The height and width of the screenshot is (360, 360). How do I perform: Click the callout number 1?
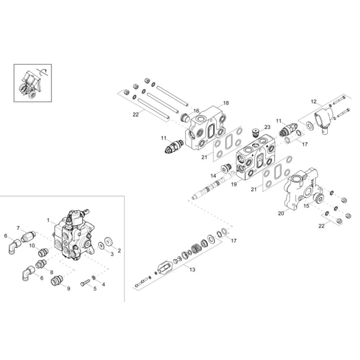(x=48, y=220)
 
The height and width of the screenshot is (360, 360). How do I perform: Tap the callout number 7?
(x=18, y=228)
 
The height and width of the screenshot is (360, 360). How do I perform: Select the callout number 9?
(x=68, y=289)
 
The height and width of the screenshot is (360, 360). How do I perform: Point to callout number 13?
(x=192, y=269)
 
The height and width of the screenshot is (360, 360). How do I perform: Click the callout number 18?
(x=226, y=103)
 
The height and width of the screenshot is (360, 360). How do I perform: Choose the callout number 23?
(x=267, y=127)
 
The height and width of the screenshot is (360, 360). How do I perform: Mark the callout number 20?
(x=281, y=213)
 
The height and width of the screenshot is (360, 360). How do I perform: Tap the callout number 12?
(x=314, y=102)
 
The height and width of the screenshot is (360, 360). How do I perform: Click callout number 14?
(x=213, y=176)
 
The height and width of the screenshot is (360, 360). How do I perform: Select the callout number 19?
(x=234, y=184)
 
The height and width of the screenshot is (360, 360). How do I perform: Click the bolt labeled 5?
(x=85, y=282)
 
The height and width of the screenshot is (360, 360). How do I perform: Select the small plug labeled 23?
(x=255, y=133)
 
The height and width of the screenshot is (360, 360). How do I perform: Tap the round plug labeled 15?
(x=319, y=198)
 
